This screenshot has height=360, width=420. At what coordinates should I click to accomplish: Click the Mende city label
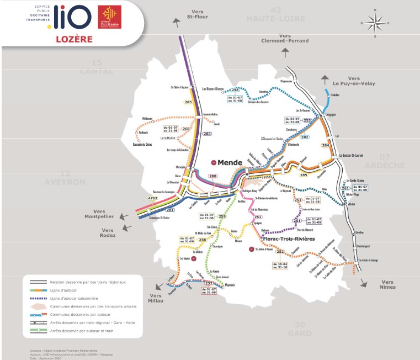coord(230,162)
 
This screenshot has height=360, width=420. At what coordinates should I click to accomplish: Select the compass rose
coord(374,23)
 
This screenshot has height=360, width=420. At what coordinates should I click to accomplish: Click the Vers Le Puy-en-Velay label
coord(354,81)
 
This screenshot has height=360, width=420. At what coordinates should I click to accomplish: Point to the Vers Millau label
coord(158,299)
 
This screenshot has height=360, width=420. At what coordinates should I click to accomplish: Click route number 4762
coord(153,198)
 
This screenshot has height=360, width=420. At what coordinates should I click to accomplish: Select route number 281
coord(171,210)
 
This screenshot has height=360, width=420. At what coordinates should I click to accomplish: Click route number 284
coord(325,145)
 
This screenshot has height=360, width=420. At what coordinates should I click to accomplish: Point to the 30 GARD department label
coord(300,329)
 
